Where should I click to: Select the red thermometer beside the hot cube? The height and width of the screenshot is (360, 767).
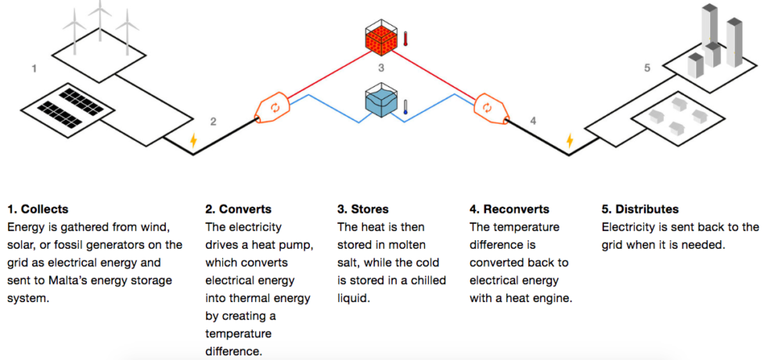(405, 38)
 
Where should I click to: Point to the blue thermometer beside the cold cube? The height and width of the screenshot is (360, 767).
(405, 106)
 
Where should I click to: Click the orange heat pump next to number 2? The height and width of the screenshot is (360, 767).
(272, 109)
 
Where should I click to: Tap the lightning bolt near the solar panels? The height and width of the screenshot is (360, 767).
(193, 140)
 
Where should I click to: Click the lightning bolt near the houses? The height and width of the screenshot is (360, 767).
(570, 140)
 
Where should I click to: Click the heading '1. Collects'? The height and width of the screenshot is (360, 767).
(38, 210)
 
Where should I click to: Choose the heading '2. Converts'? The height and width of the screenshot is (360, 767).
(238, 210)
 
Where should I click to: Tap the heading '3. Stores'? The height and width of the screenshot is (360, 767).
(363, 210)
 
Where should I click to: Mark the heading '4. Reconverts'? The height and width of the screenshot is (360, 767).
(510, 210)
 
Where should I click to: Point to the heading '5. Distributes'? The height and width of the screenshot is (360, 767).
(640, 210)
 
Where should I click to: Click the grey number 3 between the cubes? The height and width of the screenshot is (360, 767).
(382, 67)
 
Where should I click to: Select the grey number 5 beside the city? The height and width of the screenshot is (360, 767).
(647, 68)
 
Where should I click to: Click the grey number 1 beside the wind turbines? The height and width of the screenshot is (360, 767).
(34, 69)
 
